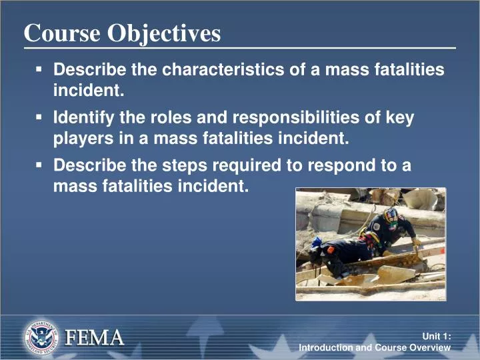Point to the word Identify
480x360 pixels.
[83, 119]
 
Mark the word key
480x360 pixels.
[401, 119]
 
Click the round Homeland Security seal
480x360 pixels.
[41, 337]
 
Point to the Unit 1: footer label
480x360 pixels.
[437, 337]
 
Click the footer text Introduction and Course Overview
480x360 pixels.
[375, 348]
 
